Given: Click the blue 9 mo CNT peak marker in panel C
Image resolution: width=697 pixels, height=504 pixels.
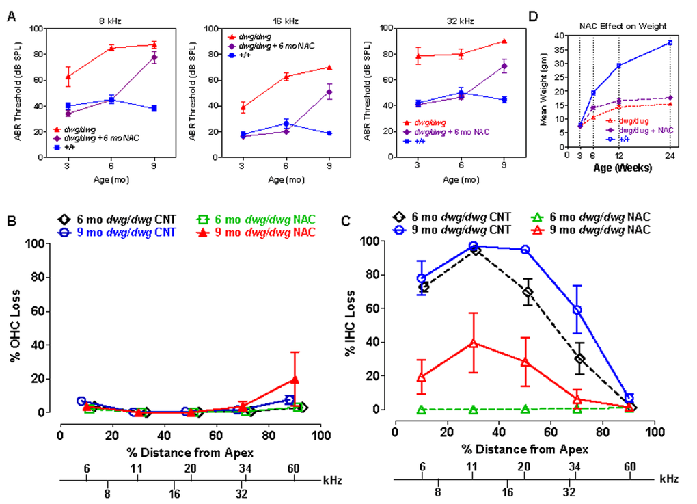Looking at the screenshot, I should (x=473, y=246).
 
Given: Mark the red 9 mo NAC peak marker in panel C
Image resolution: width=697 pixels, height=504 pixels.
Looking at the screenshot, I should (x=473, y=343).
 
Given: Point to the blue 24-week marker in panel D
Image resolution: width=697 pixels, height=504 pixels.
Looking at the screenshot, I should (x=670, y=42).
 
